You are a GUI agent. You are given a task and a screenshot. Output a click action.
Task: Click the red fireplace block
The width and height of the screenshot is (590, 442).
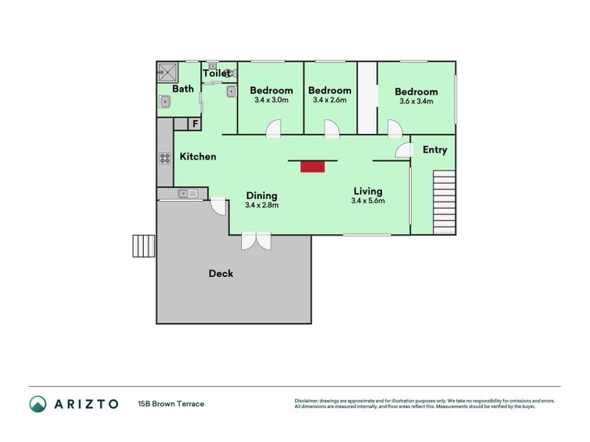[x=312, y=166]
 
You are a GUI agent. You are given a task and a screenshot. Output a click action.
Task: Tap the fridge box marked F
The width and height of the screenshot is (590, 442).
[x=195, y=124]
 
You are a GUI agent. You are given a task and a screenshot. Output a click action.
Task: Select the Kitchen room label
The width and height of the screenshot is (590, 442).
[x=198, y=157]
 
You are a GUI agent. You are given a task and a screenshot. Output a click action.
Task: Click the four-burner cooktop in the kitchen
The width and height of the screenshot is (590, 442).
[x=164, y=158]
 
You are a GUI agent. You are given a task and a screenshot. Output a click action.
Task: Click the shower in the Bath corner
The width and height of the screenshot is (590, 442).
[x=167, y=73]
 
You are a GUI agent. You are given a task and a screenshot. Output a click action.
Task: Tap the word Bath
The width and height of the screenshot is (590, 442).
[x=183, y=89]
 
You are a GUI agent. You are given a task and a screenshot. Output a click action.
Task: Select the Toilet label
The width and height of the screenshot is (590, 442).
[x=216, y=74]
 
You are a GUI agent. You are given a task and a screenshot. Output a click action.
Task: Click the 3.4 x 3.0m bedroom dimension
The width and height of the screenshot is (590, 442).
[x=271, y=100]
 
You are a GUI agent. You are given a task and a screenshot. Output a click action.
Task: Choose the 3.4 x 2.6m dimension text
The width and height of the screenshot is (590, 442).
[x=331, y=100]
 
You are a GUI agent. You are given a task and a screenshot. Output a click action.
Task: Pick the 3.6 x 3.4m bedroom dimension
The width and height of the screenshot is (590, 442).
[x=416, y=102]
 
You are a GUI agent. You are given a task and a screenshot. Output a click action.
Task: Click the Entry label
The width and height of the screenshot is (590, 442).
[x=434, y=150]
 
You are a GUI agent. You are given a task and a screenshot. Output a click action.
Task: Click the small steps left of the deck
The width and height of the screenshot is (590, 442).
[x=143, y=245]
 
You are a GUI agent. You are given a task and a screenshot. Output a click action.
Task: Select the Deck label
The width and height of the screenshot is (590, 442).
[x=221, y=273]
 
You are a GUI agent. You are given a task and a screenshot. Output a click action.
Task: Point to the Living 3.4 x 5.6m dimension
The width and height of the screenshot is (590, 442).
[x=367, y=200]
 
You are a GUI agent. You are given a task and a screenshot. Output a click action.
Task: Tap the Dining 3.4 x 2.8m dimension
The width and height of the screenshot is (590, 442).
[x=261, y=206]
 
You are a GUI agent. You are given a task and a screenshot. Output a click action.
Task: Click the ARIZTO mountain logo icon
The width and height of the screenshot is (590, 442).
[x=38, y=404]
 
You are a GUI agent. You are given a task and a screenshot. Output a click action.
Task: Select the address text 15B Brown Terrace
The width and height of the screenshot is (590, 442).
[x=170, y=404]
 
